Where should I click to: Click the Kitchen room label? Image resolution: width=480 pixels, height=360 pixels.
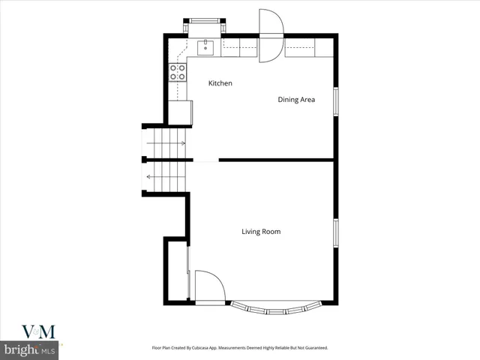click(x=220, y=83)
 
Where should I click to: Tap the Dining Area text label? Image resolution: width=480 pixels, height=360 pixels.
click(x=296, y=99)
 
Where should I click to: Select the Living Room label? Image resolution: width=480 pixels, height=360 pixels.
click(x=261, y=232)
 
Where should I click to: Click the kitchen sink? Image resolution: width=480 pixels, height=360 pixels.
click(x=205, y=48)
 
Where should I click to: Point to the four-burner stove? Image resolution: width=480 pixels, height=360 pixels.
click(x=178, y=72)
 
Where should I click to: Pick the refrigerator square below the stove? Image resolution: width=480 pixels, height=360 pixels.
click(x=180, y=112)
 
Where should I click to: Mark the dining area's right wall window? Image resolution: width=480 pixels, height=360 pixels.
click(x=336, y=102)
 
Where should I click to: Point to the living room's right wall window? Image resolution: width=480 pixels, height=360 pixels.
click(x=336, y=232)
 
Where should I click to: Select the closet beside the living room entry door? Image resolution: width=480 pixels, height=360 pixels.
click(x=177, y=270)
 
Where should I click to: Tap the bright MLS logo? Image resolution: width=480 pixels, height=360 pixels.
click(x=30, y=350)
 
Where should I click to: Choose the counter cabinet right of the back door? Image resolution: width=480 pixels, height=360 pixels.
click(x=309, y=48)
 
